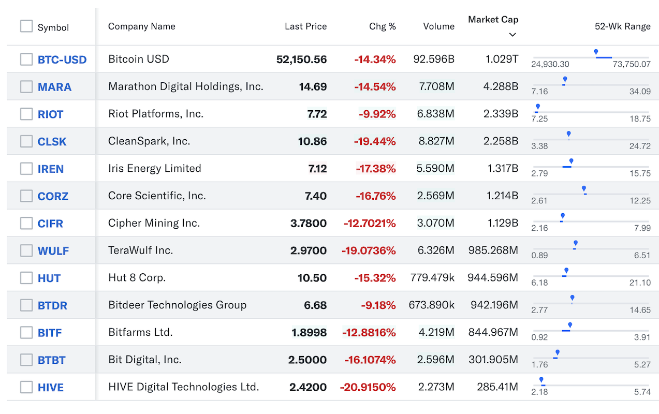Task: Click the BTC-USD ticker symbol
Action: click(x=62, y=60)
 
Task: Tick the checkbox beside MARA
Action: click(x=26, y=87)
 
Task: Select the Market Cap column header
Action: click(x=493, y=20)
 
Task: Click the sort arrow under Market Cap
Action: click(x=512, y=35)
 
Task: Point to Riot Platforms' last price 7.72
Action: click(x=317, y=114)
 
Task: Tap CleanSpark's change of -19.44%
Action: click(x=375, y=141)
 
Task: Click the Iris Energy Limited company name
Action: click(x=155, y=168)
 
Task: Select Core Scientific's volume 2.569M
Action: click(x=436, y=196)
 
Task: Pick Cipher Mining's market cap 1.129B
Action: click(x=503, y=223)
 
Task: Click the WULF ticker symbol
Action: click(x=53, y=251)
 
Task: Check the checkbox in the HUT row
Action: click(x=26, y=278)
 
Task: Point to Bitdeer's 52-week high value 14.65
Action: click(x=640, y=310)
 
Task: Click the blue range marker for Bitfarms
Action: click(x=570, y=325)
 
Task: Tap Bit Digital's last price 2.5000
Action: click(x=307, y=360)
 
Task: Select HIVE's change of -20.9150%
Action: click(x=368, y=387)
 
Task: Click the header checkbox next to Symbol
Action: click(x=26, y=26)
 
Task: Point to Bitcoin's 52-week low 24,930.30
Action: click(x=550, y=64)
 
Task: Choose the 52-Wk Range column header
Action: click(x=623, y=26)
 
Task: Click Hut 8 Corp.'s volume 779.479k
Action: click(x=432, y=277)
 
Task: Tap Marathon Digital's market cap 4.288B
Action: click(x=501, y=86)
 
